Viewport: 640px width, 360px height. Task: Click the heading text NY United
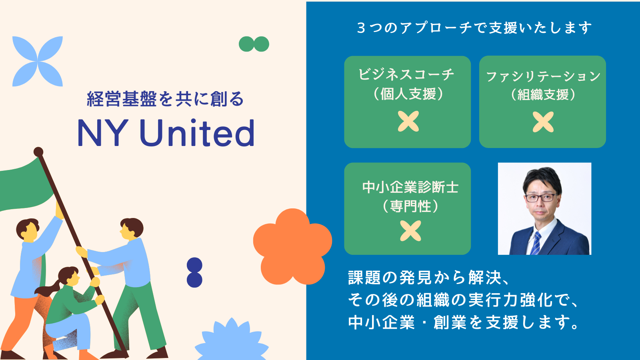(166, 133)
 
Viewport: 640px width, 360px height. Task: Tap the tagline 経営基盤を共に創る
(165, 99)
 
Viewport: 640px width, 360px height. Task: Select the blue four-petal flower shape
(38, 61)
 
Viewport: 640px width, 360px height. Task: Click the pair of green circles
(254, 44)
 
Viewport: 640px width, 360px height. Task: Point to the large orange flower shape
(292, 246)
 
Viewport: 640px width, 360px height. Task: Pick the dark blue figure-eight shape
(194, 272)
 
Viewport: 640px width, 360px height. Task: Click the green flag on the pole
(26, 184)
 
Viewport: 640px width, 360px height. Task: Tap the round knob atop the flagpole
(38, 152)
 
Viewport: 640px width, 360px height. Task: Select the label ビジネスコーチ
(406, 74)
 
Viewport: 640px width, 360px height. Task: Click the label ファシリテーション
(543, 76)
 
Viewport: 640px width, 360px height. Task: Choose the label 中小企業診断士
(410, 187)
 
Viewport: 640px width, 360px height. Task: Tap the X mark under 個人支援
(408, 122)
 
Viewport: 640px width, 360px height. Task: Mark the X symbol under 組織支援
(543, 122)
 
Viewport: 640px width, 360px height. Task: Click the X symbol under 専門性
(410, 231)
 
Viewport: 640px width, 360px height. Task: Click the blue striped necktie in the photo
(536, 243)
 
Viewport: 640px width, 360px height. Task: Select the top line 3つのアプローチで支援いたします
(474, 28)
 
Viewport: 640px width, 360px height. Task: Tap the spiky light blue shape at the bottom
(232, 342)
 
